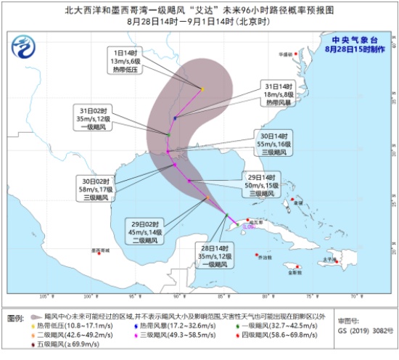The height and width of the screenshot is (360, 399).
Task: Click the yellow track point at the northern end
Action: tap(203, 89)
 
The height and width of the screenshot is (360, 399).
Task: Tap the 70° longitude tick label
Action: tap(354, 296)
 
